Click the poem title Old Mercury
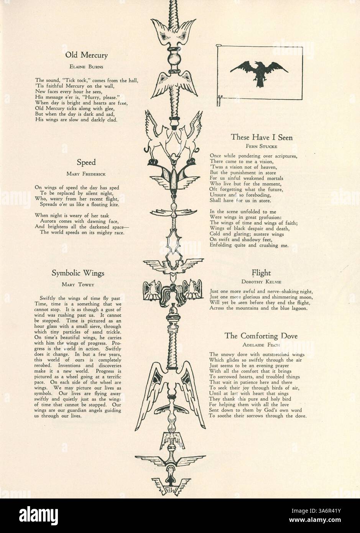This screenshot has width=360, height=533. [86, 55]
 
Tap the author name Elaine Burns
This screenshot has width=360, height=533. [86, 66]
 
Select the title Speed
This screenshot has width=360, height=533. [86, 162]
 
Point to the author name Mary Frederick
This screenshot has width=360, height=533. [86, 174]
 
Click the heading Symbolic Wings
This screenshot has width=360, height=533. [78, 273]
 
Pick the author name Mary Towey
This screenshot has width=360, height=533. [78, 285]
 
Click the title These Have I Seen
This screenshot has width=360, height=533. [261, 137]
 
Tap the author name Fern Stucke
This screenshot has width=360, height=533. [261, 146]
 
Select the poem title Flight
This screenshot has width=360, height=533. [261, 273]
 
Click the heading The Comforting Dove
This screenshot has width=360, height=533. [261, 336]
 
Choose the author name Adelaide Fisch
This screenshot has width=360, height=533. [261, 344]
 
